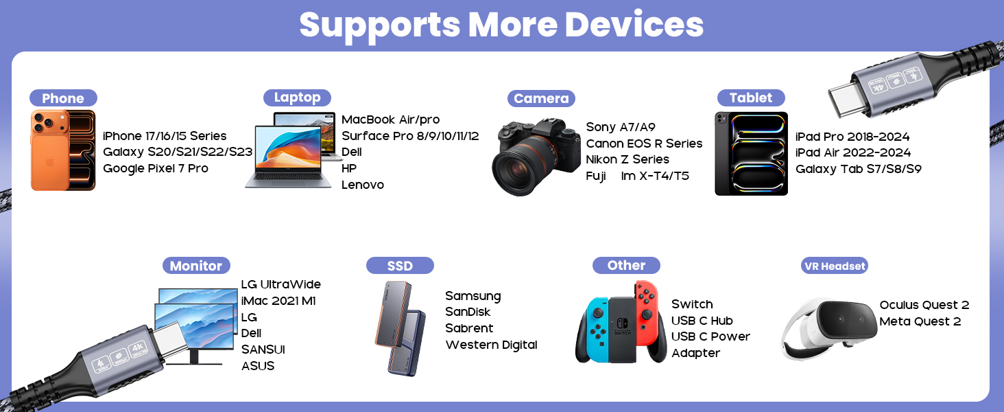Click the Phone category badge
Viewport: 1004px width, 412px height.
[62, 98]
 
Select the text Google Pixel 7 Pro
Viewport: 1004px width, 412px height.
[155, 168]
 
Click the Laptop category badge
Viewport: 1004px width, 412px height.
[297, 98]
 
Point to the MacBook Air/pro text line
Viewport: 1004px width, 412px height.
[390, 119]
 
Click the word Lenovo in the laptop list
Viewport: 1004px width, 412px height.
[362, 185]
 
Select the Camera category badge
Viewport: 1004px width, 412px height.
[541, 98]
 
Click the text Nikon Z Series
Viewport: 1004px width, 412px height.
[627, 159]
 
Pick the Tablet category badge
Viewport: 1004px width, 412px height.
[750, 98]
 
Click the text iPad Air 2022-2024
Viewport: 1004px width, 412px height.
[852, 152]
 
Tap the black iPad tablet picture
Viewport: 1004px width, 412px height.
[751, 154]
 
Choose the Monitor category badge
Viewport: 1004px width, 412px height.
[195, 266]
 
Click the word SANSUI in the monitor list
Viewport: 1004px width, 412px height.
[263, 350]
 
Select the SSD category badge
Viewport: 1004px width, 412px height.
[400, 266]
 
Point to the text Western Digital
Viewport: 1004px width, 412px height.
[491, 345]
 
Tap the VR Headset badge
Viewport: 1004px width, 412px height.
[834, 266]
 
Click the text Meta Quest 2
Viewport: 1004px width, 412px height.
[920, 321]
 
